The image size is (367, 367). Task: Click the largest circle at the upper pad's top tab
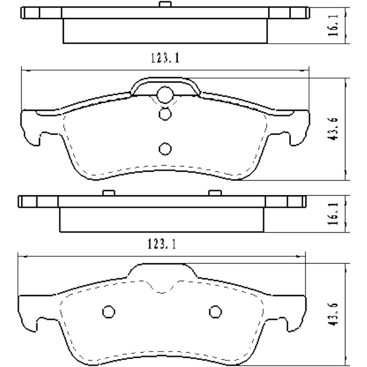click(165, 94)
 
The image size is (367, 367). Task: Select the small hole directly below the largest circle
click(165, 114)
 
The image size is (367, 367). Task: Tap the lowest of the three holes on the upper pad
click(165, 149)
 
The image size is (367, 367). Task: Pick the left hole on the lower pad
click(108, 312)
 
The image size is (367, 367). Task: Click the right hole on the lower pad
click(215, 312)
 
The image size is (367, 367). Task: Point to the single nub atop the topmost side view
click(165, 4)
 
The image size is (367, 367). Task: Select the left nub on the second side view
click(109, 193)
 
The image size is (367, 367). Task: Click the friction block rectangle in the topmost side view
click(165, 31)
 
